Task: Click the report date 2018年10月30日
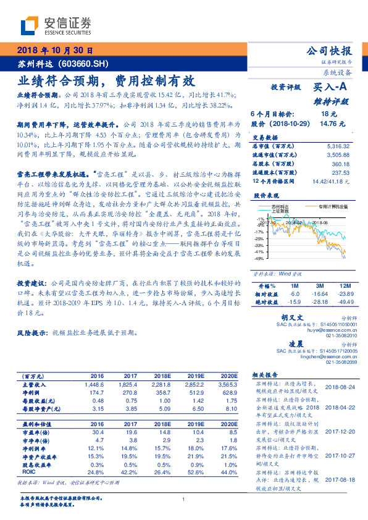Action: pyautogui.click(x=54, y=51)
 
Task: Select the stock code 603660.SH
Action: pyautogui.click(x=82, y=63)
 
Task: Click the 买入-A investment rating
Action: pyautogui.click(x=331, y=88)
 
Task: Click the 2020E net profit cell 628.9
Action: pyautogui.click(x=228, y=392)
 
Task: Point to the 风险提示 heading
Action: pyautogui.click(x=31, y=332)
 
